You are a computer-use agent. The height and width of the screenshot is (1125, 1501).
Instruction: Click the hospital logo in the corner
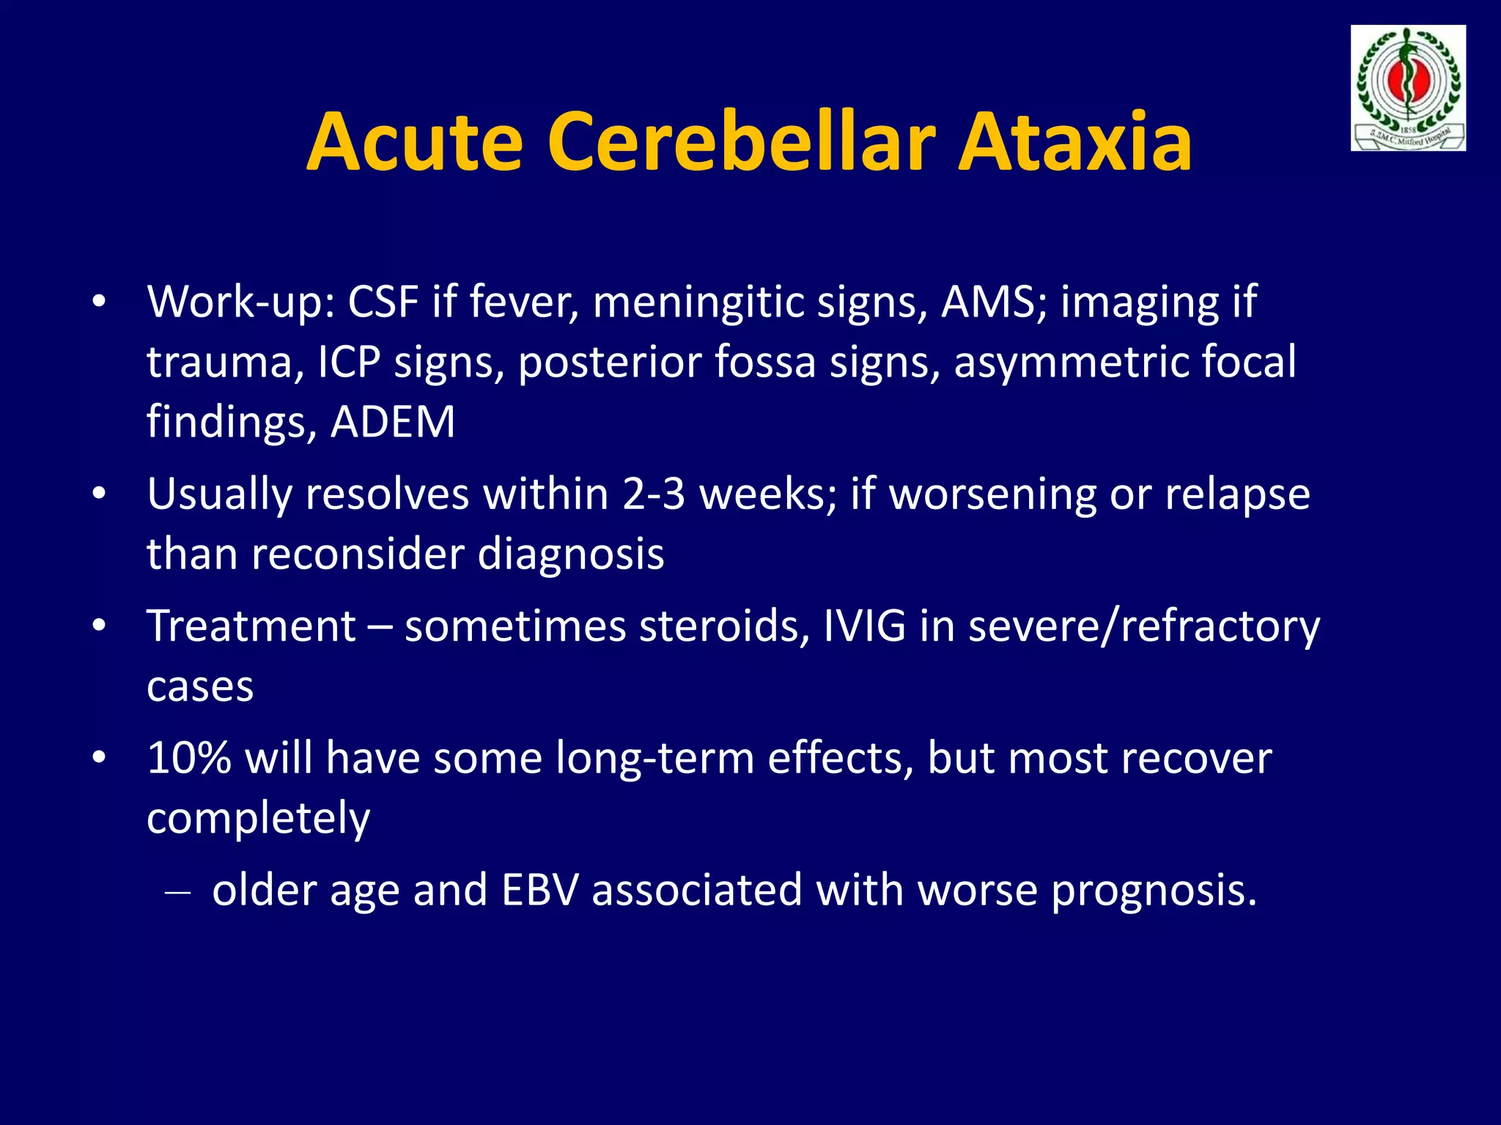[x=1408, y=88]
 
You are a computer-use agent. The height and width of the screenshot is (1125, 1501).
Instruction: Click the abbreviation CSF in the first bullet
[x=383, y=302]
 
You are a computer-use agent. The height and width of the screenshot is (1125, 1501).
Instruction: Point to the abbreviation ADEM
[x=393, y=423]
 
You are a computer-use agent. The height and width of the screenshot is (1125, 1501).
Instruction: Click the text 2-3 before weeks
[x=654, y=494]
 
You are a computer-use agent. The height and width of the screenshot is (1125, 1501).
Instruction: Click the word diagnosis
[x=571, y=554]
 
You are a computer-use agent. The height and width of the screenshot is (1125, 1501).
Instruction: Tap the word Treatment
[x=251, y=626]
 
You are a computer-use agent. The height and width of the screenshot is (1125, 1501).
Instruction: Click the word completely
[x=258, y=819]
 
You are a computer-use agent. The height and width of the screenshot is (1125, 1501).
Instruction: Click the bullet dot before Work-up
[x=100, y=302]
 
